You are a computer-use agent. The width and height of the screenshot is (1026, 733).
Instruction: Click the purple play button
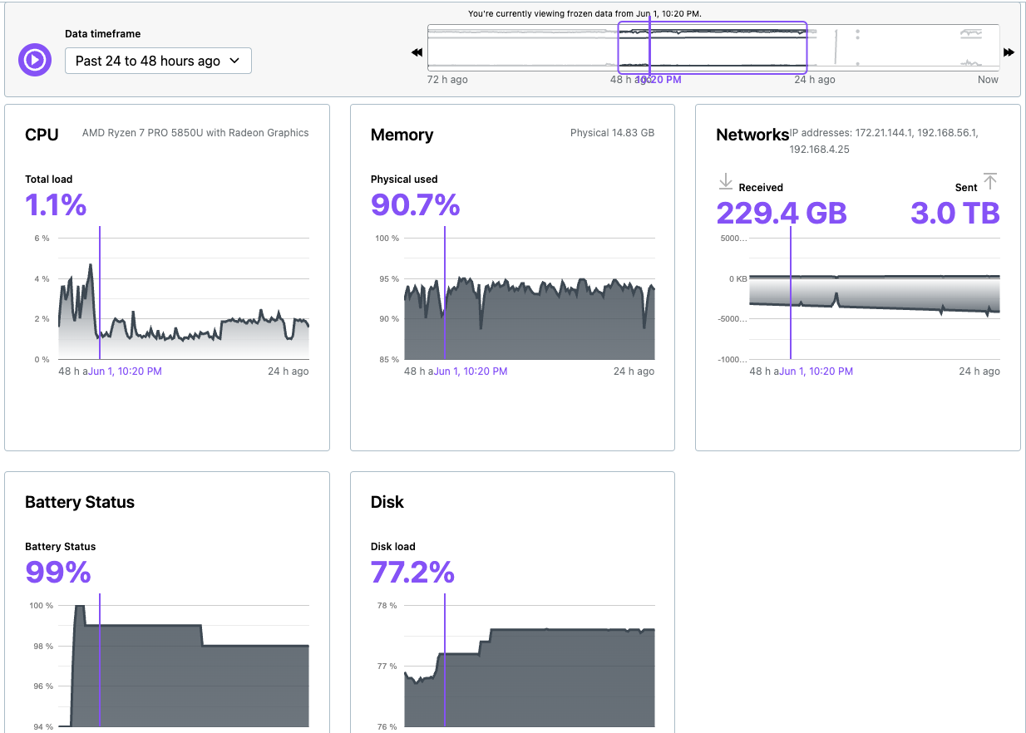click(35, 60)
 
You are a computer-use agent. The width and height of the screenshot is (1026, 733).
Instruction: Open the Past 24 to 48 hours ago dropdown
click(158, 61)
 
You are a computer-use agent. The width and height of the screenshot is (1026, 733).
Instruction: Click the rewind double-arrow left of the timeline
click(417, 52)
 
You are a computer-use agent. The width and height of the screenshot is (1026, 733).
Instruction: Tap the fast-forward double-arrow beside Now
click(1009, 52)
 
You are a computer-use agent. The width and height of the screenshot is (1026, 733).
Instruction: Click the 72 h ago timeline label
click(446, 80)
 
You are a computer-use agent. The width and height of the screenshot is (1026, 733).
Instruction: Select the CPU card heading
click(42, 135)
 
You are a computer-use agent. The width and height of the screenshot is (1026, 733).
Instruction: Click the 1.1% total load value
click(56, 204)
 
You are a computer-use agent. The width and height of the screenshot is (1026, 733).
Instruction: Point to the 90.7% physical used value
click(415, 204)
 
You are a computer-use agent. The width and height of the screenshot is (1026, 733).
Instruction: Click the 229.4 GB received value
click(781, 214)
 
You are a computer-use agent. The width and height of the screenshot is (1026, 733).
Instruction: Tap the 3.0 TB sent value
click(954, 214)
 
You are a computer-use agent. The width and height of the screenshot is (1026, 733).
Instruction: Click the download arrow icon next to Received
click(725, 181)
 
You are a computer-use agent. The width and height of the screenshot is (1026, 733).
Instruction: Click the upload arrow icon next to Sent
click(989, 181)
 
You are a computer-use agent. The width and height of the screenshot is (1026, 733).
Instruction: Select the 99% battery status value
click(57, 572)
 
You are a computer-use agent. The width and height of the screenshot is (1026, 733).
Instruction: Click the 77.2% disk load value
click(412, 572)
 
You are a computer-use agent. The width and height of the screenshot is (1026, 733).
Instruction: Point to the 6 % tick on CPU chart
click(41, 239)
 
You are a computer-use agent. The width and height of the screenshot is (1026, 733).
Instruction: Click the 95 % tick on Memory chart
click(387, 279)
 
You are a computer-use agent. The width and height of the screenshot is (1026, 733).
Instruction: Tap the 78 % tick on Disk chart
click(387, 606)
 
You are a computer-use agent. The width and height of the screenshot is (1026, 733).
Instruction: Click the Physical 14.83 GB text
click(612, 133)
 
